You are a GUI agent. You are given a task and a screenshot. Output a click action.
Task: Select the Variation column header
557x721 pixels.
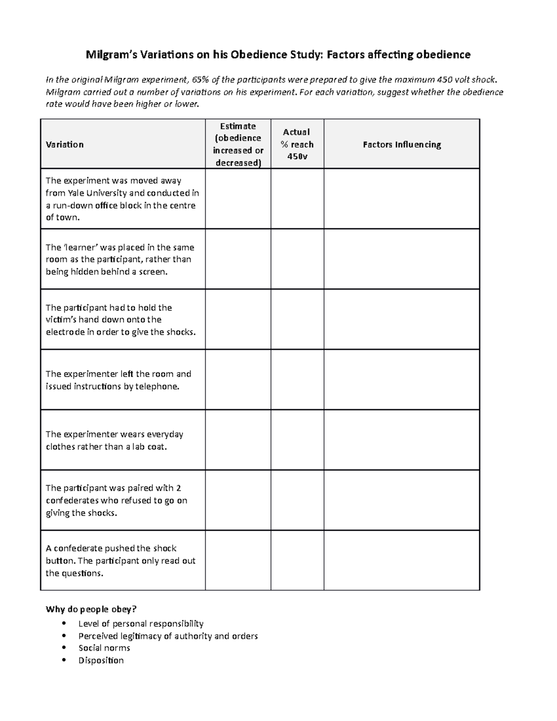tap(65, 144)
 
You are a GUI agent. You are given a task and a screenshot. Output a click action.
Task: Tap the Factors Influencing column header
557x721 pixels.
tap(402, 144)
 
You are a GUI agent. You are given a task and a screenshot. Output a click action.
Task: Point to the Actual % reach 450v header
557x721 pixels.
tap(297, 144)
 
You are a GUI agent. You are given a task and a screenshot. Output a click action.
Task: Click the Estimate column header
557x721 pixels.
tap(238, 144)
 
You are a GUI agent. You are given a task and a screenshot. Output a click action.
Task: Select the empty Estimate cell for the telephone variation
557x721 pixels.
tap(238, 380)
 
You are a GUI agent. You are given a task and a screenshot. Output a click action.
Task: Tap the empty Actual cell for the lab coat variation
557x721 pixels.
tap(297, 440)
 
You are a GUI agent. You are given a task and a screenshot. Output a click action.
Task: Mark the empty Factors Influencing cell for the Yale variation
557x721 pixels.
tap(402, 199)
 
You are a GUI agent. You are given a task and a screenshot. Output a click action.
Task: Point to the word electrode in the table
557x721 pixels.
tap(65, 332)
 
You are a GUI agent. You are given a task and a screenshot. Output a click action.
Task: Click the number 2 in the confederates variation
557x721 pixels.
tap(179, 488)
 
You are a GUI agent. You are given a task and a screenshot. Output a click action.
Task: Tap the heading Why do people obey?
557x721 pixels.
tap(91, 609)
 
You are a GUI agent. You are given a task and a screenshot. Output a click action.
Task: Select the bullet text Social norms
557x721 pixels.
tap(104, 648)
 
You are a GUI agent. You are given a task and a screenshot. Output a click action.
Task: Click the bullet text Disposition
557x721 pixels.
tap(101, 660)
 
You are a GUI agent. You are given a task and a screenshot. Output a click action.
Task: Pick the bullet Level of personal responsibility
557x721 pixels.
tap(141, 624)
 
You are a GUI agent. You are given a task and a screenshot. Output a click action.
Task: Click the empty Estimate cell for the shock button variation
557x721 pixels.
tap(238, 560)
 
